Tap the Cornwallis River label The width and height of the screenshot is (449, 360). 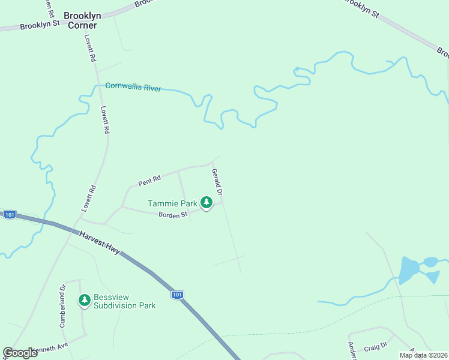[133, 87]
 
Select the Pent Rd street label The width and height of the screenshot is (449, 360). [149, 179]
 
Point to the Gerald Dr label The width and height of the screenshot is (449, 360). [217, 182]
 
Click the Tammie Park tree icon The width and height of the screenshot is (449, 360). [206, 203]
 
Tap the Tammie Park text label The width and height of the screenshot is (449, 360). [173, 204]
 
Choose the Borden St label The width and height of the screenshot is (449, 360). [173, 215]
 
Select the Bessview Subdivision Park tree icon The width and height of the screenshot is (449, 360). [85, 299]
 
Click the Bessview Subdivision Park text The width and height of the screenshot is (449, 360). [124, 301]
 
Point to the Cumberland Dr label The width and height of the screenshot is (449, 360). [62, 297]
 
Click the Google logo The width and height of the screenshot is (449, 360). [20, 353]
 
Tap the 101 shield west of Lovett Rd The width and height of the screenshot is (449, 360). [9, 214]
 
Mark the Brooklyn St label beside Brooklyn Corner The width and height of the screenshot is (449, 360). [40, 25]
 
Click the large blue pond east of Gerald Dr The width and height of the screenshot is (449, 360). [409, 271]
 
